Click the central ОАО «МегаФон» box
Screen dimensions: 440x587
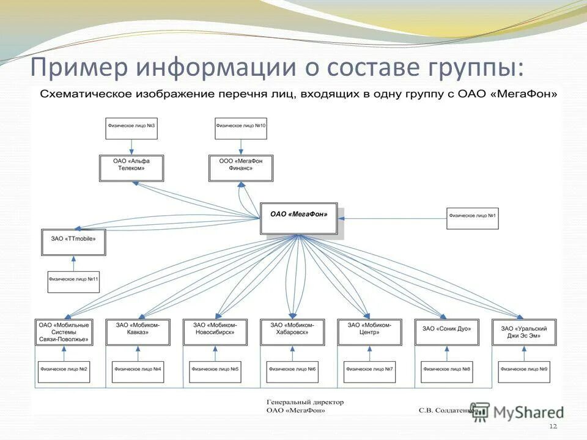point(298,218)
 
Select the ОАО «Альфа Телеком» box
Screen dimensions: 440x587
point(131,168)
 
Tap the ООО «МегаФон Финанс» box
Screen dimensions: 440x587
point(241,168)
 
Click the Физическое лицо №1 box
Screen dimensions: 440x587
point(472,218)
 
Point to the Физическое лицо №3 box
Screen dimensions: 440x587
point(131,127)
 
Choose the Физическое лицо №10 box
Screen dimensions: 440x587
point(241,127)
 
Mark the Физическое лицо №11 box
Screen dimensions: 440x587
point(74,281)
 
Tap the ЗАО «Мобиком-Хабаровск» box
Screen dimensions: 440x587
point(292,332)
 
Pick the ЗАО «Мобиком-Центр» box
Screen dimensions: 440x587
point(369,332)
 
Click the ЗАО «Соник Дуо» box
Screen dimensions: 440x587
point(447,332)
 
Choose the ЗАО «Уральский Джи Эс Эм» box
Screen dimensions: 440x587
point(524,332)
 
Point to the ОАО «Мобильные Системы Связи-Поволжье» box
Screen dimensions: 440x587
point(64,332)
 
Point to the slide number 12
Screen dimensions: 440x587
point(554,426)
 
